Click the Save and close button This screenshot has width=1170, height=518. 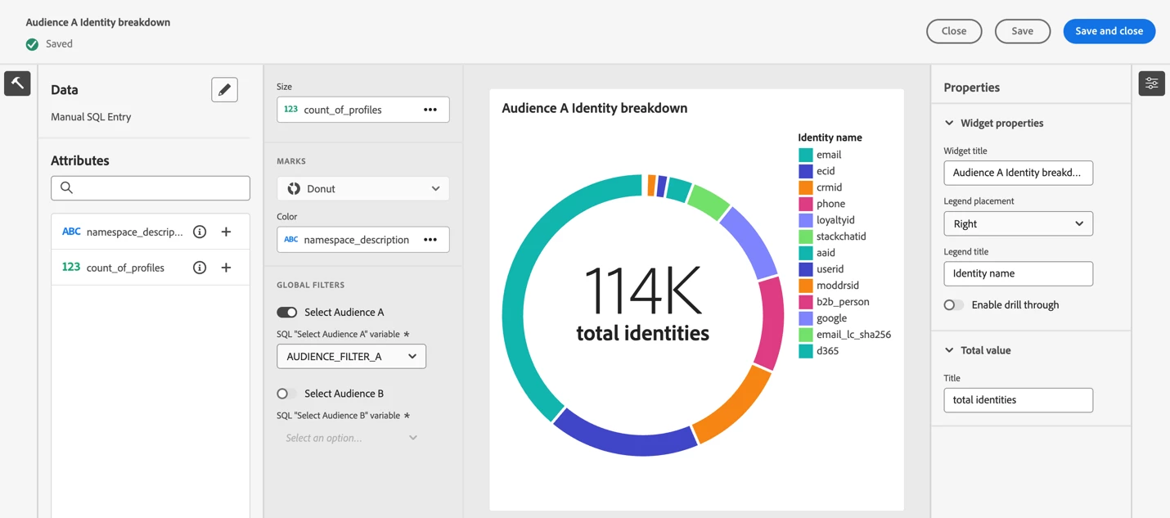click(1109, 31)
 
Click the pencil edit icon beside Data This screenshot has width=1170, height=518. click(224, 90)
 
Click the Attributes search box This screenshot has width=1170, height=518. click(151, 188)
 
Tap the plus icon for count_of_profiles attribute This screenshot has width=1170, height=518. click(226, 268)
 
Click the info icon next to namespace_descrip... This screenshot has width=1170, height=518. click(200, 232)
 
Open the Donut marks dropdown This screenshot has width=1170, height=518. click(362, 189)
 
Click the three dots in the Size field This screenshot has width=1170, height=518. click(430, 110)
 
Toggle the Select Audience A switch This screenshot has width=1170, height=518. click(287, 312)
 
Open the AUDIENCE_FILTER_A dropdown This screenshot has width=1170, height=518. click(351, 357)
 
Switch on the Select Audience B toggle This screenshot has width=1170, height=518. click(286, 394)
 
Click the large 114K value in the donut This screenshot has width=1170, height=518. click(642, 291)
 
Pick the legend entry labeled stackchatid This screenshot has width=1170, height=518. click(841, 236)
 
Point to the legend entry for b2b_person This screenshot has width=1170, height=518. click(843, 302)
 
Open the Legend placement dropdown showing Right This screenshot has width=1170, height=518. click(1018, 223)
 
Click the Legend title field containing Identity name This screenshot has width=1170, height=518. click(1018, 273)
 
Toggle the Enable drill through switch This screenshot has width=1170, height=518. click(953, 305)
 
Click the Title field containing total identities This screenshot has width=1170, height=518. click(1018, 400)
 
